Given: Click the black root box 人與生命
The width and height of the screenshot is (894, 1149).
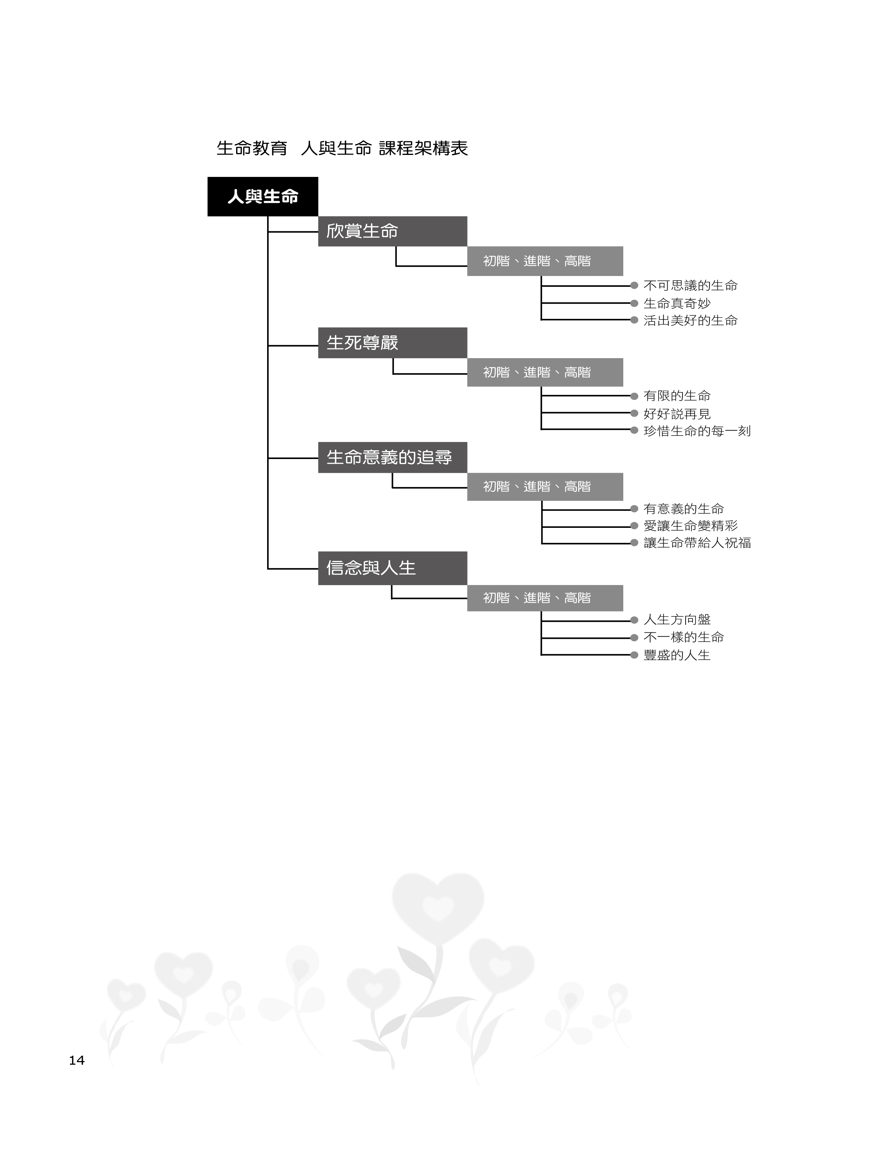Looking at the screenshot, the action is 263,197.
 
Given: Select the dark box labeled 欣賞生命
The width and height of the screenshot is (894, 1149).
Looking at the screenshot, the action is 392,231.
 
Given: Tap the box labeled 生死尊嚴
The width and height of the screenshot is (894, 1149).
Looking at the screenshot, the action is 392,343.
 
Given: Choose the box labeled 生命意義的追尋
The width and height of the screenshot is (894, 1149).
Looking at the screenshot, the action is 392,457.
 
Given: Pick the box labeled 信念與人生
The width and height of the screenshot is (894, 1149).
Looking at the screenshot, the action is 392,568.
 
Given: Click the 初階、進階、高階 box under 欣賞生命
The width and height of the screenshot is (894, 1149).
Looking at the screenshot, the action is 545,261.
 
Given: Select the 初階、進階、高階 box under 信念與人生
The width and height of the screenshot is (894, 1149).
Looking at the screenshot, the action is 545,598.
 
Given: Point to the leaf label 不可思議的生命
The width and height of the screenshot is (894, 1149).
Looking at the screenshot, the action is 690,286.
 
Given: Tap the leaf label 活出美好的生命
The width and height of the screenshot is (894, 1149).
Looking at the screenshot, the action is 690,320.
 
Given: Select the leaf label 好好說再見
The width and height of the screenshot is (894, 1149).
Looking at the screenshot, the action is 677,414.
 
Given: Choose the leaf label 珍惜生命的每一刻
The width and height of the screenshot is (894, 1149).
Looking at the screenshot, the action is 697,431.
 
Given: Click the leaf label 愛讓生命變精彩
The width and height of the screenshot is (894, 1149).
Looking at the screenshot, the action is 690,526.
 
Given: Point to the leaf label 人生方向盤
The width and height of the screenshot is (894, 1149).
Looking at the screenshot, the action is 677,620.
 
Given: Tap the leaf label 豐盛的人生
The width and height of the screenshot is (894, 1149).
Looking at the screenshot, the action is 677,655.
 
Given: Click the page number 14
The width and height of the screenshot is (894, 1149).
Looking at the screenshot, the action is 77,1060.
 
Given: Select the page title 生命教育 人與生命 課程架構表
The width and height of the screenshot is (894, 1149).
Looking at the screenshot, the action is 342,148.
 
